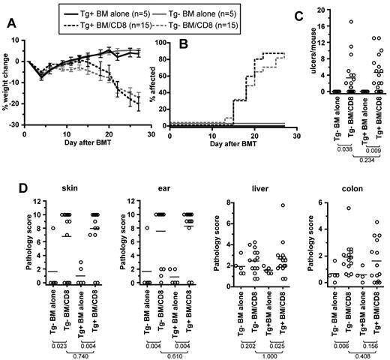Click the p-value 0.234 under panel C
358,159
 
